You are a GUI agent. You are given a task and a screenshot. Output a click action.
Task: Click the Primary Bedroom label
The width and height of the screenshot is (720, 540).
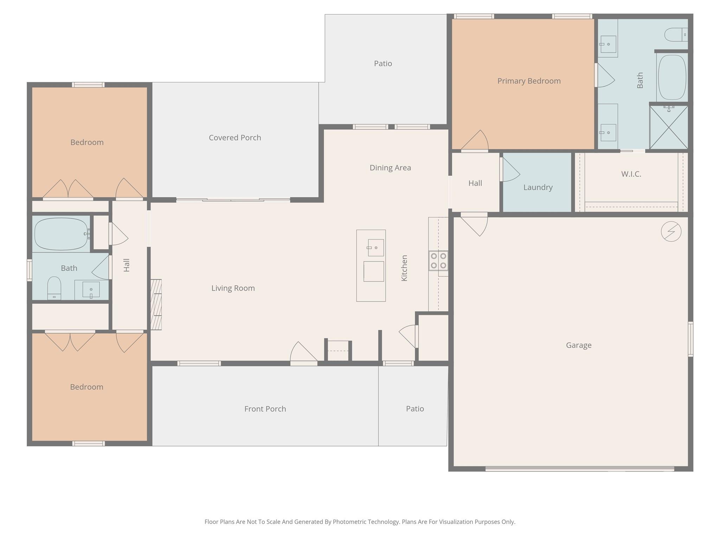coord(529,81)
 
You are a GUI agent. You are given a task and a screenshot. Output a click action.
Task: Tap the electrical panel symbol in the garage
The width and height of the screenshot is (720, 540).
coord(671,231)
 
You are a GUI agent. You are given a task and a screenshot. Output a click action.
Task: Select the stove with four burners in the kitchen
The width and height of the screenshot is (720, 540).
coord(438,261)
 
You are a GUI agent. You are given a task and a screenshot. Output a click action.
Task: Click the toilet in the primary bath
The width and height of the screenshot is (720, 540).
coord(675,34)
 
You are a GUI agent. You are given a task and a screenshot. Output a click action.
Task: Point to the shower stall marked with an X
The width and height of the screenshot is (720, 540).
coord(668,127)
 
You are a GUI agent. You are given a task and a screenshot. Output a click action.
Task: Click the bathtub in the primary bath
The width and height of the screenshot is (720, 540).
coord(672,77)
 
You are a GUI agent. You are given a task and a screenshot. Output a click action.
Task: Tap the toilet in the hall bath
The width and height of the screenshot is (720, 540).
coord(54,288)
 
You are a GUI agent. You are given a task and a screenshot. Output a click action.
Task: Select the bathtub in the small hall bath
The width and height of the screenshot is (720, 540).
coord(61,234)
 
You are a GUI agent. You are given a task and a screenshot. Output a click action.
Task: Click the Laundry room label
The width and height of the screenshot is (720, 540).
coord(538,187)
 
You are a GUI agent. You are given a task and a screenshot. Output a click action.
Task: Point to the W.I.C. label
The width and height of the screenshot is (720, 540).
coord(631,174)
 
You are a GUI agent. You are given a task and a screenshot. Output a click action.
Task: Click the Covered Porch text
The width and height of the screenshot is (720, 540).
coord(235,137)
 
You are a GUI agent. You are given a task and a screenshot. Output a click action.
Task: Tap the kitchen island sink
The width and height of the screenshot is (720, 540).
coord(375,247)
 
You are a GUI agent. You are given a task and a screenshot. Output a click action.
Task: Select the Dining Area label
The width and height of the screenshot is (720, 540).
coord(390,168)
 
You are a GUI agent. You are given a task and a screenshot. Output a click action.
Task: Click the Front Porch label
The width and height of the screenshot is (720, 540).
coord(265,409)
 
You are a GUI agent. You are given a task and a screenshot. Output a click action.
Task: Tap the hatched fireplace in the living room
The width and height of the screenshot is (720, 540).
coord(156,304)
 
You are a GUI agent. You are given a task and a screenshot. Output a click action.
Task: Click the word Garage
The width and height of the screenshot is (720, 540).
coord(578,345)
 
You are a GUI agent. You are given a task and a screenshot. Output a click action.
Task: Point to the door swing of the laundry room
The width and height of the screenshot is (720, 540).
coord(510,170)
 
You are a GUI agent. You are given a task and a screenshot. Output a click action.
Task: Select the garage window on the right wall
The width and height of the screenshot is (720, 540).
coord(690,339)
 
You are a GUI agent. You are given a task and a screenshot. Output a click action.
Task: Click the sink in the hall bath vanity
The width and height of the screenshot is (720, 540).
coord(91,290)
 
